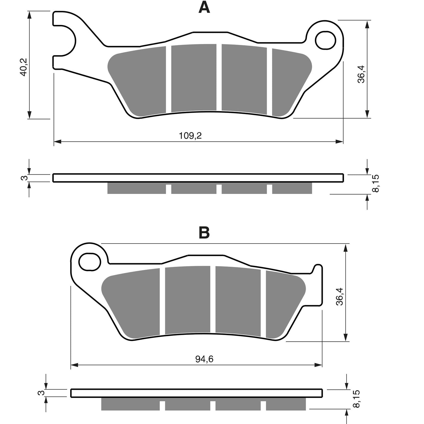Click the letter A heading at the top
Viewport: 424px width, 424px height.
pos(204,8)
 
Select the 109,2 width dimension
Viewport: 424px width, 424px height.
pos(190,136)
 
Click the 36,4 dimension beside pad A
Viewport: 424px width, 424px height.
pos(361,74)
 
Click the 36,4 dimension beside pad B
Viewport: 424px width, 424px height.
pos(339,296)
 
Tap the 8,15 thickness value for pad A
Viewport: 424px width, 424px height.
pos(376,183)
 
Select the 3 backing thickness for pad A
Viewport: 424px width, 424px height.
pos(24,178)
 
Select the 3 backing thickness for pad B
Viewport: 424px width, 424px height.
pos(41,393)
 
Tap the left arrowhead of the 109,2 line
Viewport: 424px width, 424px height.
pos(57,142)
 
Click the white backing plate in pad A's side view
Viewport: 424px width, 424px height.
pos(198,178)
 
